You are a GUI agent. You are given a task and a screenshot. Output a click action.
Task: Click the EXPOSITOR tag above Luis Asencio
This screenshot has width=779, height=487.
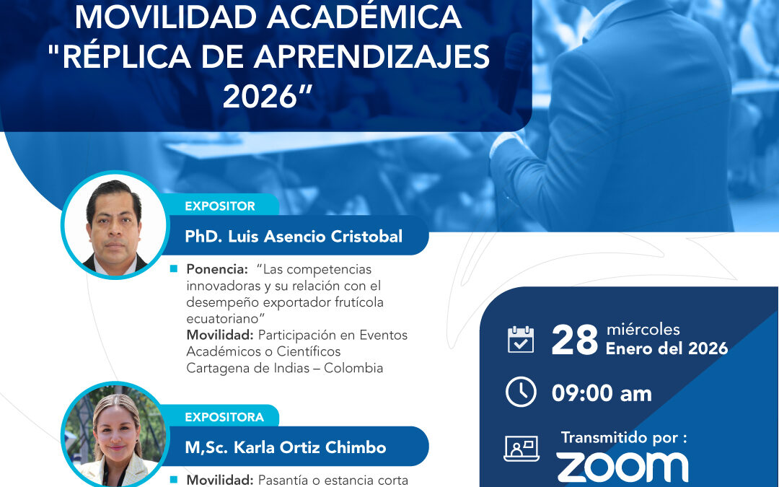coord(219,206)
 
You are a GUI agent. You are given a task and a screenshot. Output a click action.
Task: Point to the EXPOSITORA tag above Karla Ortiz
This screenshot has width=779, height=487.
coord(224,417)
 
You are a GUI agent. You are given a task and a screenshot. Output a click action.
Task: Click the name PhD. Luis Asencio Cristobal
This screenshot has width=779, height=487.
coord(293,236)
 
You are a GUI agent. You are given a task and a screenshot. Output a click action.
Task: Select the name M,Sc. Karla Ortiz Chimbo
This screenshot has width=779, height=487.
coord(285,447)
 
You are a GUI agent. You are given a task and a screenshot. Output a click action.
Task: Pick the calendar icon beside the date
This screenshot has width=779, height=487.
coord(521,340)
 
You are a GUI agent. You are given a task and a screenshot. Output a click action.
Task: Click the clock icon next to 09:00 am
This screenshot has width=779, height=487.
coord(521,392)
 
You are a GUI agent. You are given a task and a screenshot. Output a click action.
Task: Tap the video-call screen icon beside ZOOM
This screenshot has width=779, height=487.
coord(521,448)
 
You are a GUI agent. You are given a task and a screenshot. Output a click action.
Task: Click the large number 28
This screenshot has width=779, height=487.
coord(575,341)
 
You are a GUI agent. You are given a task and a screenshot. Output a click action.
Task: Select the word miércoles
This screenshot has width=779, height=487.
coord(643,330)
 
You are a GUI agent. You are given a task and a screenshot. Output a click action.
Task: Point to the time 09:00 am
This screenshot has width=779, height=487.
coord(602,393)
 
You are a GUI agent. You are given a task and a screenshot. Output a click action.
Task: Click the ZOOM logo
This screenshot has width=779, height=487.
coord(622,467)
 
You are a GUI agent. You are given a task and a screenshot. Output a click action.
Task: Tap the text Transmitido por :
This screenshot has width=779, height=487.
coord(623,437)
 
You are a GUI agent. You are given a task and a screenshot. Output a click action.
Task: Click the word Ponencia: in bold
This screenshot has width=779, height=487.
coord(215,269)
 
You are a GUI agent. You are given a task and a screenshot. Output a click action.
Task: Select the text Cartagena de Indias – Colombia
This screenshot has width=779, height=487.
coord(284,368)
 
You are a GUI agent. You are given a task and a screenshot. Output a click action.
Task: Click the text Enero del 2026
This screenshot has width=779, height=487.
coord(666,349)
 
